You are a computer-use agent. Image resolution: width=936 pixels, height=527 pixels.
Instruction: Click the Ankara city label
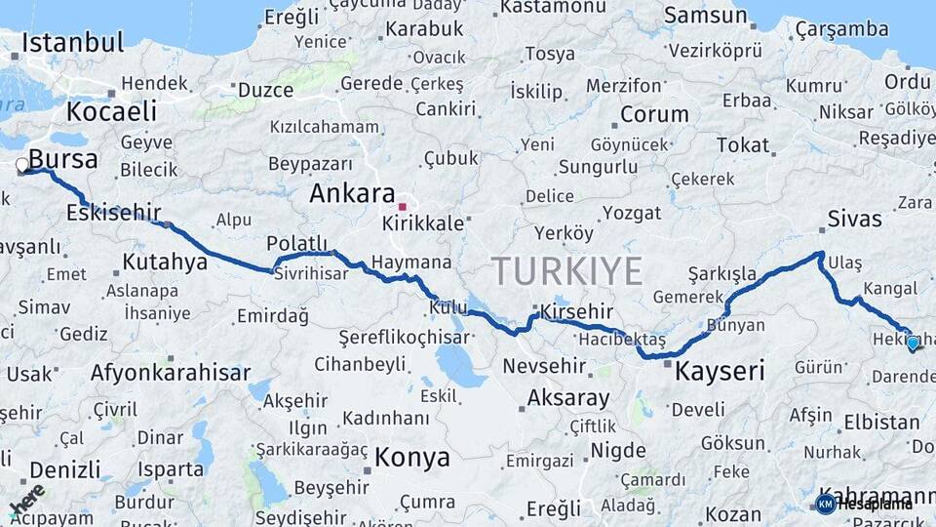[x=352, y=193]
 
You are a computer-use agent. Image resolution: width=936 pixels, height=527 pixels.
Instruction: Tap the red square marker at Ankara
[x=402, y=207]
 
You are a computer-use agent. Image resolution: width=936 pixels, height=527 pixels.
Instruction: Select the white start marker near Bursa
[x=22, y=166]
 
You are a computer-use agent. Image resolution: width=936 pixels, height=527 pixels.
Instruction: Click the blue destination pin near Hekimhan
[x=913, y=343]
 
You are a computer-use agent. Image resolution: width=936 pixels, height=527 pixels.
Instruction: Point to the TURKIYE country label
[x=566, y=269]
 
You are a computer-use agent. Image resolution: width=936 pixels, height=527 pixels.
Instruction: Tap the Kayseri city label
[x=720, y=371]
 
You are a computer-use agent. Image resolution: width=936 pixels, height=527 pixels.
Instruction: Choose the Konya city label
[x=412, y=457]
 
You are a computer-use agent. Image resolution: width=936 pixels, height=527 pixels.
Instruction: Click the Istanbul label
[x=72, y=42]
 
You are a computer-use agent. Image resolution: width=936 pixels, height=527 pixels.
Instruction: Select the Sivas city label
[x=854, y=218]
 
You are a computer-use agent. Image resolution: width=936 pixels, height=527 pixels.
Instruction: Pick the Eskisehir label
[x=114, y=212]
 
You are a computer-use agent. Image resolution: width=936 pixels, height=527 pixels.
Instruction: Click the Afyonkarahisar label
[x=170, y=372]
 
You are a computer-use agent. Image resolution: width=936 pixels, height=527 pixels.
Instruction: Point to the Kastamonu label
[x=553, y=8]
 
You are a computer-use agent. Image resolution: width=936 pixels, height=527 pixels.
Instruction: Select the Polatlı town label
[x=295, y=243]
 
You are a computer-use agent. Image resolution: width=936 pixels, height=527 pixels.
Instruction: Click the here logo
[x=27, y=498]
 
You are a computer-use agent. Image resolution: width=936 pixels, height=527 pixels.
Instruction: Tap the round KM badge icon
[x=825, y=504]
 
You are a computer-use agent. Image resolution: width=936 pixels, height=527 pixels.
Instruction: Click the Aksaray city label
[x=568, y=398]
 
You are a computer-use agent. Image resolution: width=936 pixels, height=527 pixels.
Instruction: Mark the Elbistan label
[x=881, y=423]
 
